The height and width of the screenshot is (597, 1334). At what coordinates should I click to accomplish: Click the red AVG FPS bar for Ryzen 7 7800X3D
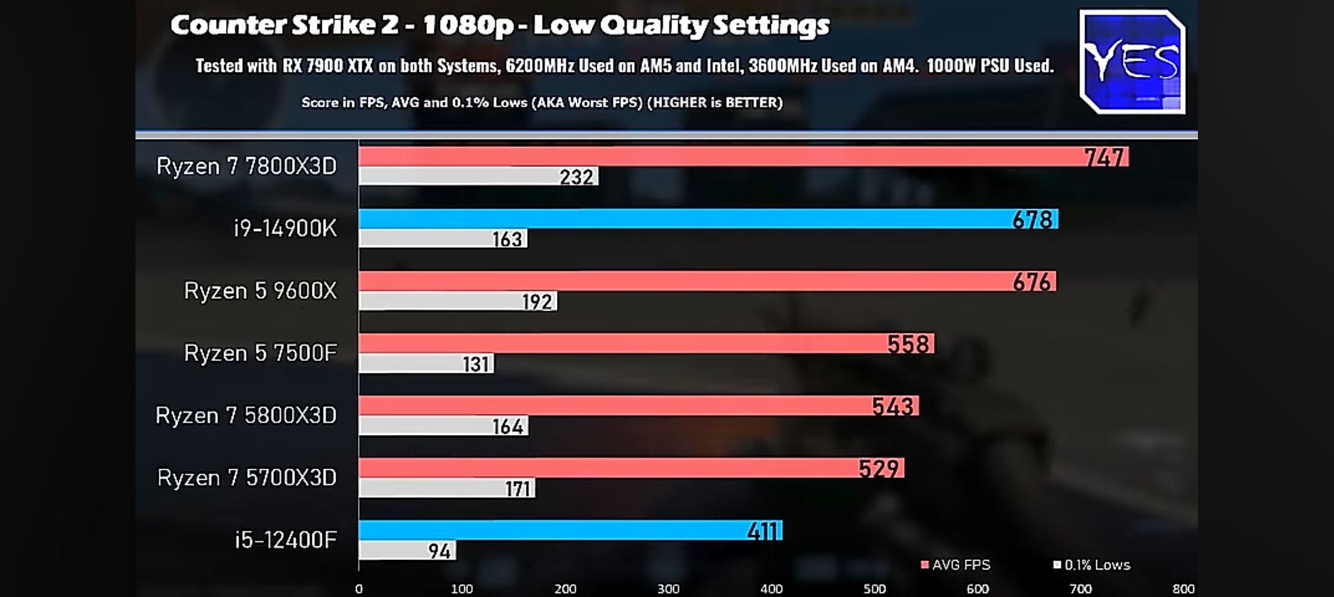tap(719, 156)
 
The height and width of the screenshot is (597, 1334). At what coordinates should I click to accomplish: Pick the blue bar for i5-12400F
tap(553, 530)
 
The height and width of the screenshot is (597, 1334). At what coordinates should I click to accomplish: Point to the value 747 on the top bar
tap(1104, 158)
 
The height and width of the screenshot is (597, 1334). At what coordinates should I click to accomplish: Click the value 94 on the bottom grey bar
tap(439, 551)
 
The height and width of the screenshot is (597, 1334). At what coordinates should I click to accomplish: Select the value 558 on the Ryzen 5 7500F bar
tap(908, 344)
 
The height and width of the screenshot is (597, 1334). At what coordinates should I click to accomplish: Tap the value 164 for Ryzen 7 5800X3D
tap(508, 426)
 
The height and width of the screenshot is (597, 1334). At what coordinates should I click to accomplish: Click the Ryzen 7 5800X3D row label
tap(246, 415)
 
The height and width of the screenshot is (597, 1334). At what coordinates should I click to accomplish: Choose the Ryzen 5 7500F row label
tap(260, 353)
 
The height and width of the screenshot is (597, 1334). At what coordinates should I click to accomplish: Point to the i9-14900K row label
tap(285, 228)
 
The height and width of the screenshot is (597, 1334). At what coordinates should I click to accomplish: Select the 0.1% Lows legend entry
tap(1092, 565)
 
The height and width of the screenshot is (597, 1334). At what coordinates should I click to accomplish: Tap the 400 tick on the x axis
tap(771, 589)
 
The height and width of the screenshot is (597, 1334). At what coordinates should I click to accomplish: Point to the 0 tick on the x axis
tap(359, 589)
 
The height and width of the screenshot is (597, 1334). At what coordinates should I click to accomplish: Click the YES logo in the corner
tap(1132, 62)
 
